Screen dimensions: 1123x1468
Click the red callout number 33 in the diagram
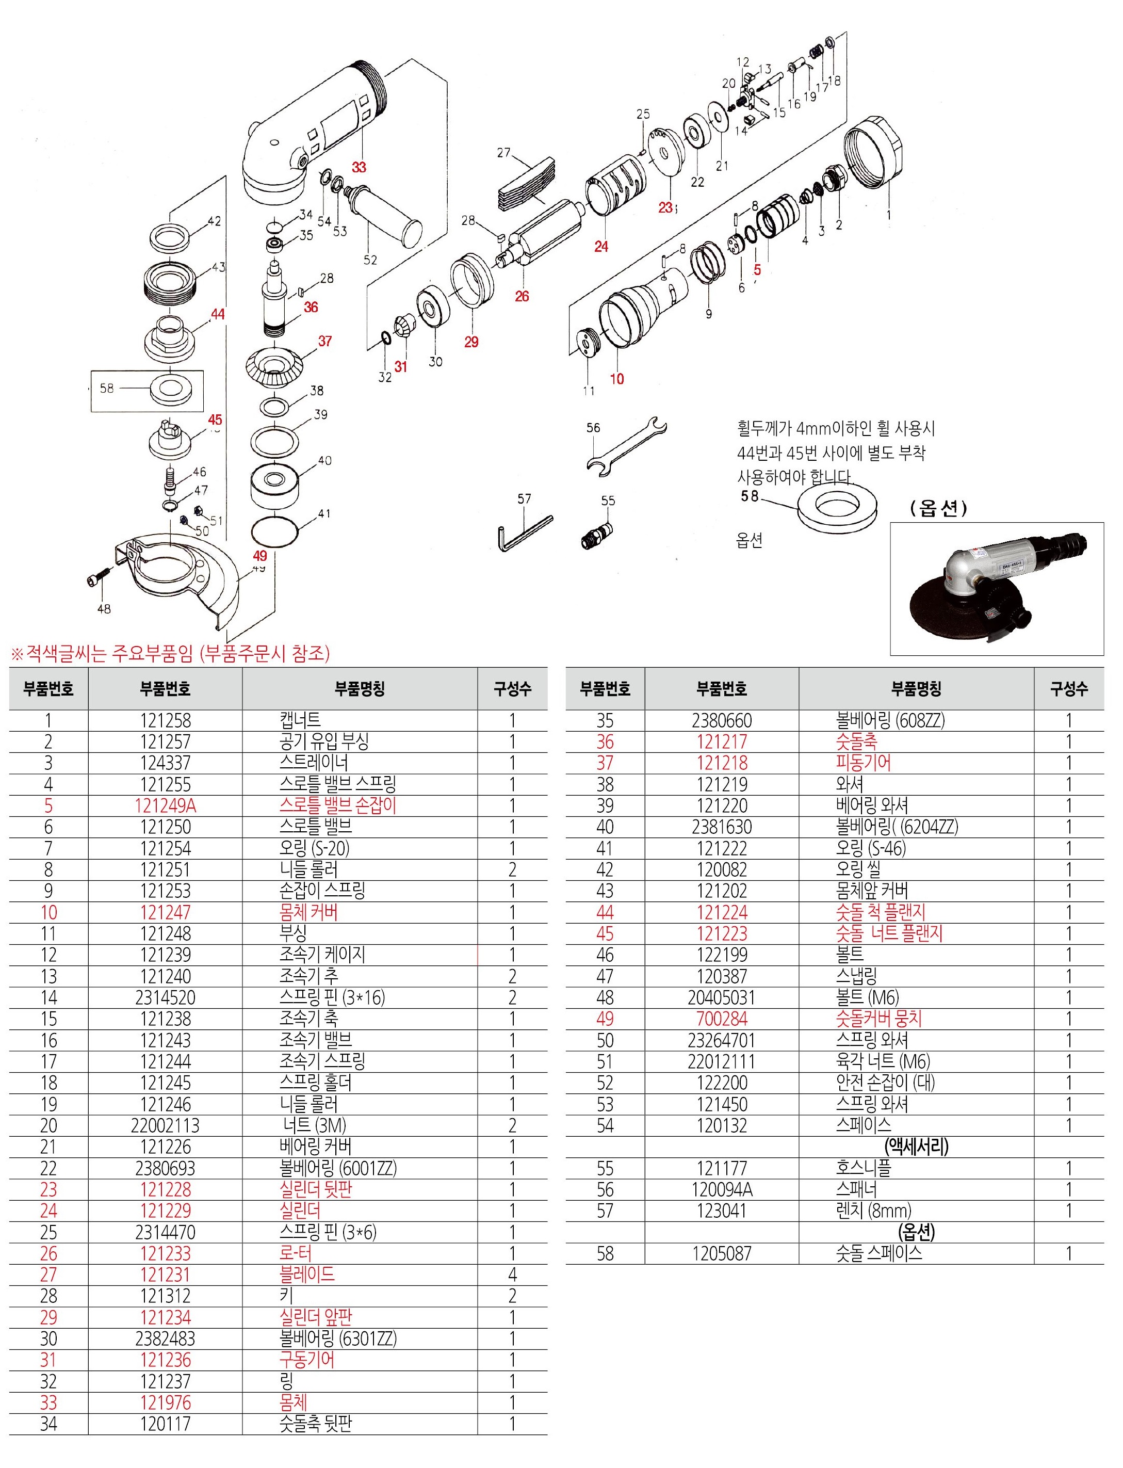[x=359, y=167]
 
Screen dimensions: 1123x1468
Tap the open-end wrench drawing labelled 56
[x=626, y=446]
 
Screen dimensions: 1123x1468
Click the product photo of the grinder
[x=996, y=588]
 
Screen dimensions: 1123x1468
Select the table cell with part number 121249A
[x=165, y=805]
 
